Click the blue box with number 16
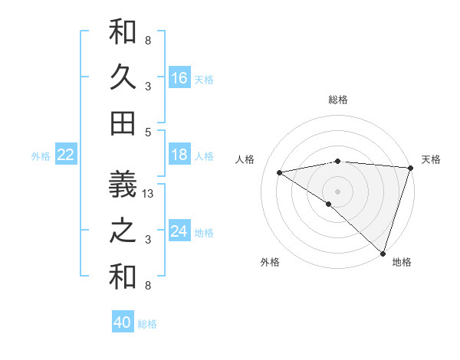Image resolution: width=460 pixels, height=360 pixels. [x=179, y=78]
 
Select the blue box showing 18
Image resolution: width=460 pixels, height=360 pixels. [x=179, y=155]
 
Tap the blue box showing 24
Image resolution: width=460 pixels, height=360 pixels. [x=179, y=231]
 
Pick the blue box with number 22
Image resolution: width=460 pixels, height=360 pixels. [x=66, y=155]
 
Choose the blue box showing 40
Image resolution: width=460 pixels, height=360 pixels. [x=123, y=322]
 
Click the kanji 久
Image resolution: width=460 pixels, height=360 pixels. [x=123, y=78]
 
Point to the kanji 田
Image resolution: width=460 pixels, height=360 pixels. [x=123, y=123]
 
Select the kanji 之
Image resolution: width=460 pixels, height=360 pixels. [x=123, y=231]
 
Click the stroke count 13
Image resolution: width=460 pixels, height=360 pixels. [x=149, y=195]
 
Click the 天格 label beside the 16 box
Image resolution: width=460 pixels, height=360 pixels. [x=204, y=79]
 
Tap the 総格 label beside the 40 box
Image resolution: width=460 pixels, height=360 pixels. [x=147, y=324]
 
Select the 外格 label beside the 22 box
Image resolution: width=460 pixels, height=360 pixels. [x=41, y=156]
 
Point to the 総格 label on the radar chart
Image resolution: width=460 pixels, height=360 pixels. [x=338, y=100]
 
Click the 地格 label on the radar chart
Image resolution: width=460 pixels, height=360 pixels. [x=402, y=262]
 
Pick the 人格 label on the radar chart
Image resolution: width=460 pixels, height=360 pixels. [x=245, y=159]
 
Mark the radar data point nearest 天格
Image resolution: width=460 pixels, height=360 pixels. [x=410, y=168]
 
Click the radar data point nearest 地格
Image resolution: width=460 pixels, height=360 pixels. [x=383, y=253]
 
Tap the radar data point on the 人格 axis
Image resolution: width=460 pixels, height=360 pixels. [x=280, y=172]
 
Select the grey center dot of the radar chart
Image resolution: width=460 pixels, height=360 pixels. [x=338, y=191]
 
